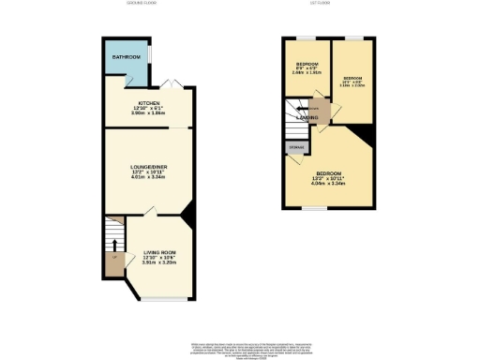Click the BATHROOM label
126,57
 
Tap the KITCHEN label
149,102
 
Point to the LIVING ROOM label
160,252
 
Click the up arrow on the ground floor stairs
114,245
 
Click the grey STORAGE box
295,146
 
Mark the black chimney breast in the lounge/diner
188,215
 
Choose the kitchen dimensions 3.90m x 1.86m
149,112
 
